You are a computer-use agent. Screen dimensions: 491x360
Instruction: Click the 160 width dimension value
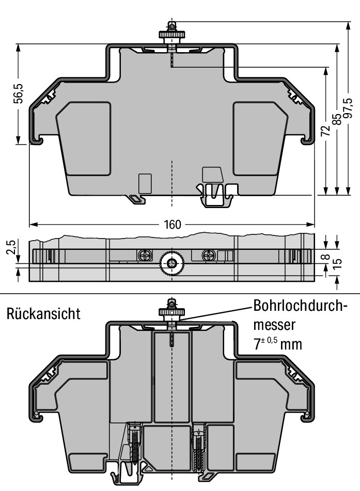click(x=173, y=225)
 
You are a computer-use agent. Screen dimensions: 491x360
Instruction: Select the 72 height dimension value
click(x=325, y=131)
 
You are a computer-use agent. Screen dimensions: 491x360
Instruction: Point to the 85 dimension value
click(x=336, y=119)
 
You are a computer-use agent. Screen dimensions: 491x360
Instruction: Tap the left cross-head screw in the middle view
click(x=144, y=255)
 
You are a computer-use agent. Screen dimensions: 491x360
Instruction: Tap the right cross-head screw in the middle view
click(x=209, y=255)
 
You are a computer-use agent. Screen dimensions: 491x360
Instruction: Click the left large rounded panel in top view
click(x=84, y=137)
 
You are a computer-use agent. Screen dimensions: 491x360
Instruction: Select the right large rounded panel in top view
click(x=260, y=137)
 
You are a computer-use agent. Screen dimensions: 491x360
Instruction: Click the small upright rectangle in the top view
click(x=145, y=183)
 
